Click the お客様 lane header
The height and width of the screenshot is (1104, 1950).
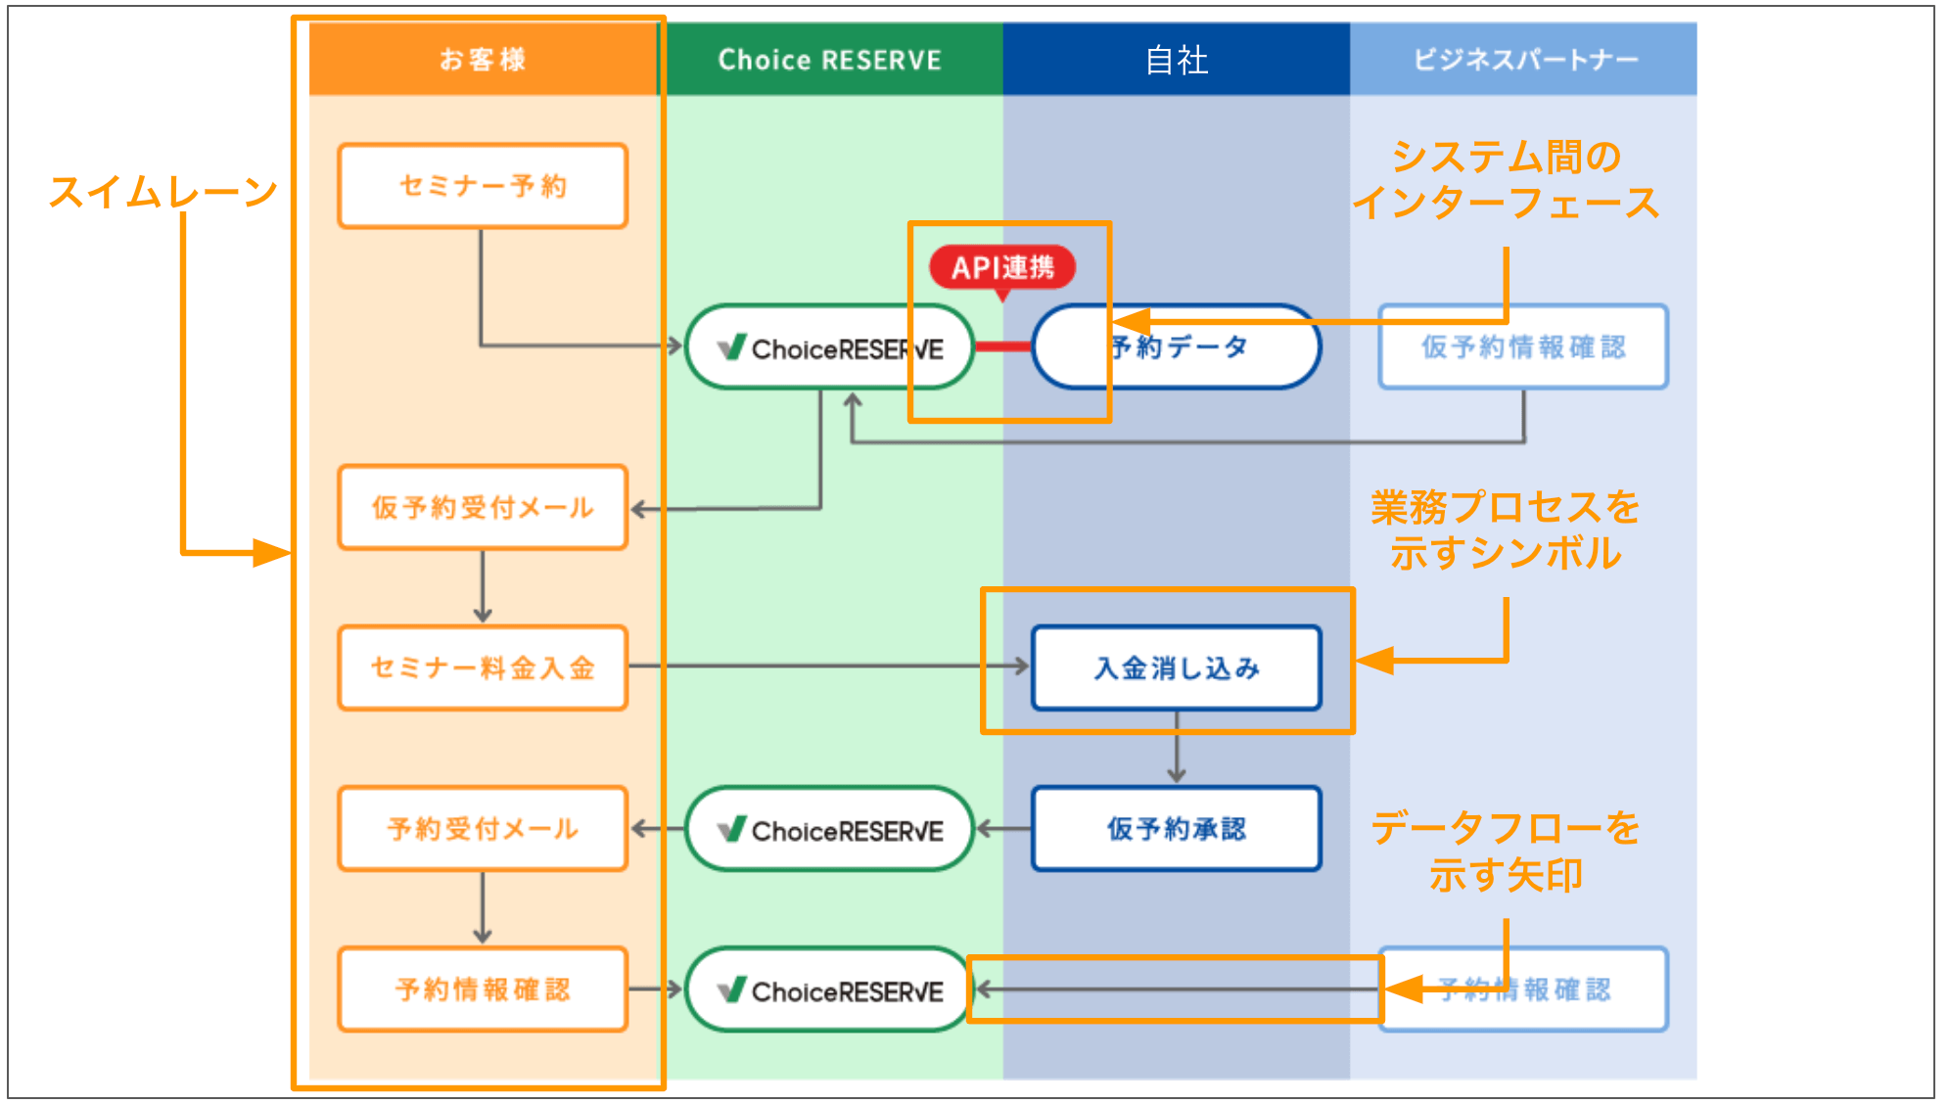click(x=483, y=60)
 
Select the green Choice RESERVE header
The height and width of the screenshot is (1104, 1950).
click(x=829, y=60)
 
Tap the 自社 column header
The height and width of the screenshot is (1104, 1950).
click(x=1176, y=60)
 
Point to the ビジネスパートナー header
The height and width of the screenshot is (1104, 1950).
click(x=1523, y=60)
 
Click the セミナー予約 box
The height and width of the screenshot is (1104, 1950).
click(x=483, y=186)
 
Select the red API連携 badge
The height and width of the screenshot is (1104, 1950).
click(x=1001, y=267)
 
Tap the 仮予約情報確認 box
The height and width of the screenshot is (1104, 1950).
click(x=1523, y=346)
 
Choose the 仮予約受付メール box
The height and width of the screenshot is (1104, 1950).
click(x=483, y=507)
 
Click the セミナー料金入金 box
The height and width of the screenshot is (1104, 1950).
click(x=483, y=667)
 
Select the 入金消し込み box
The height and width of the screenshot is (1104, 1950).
click(x=1176, y=667)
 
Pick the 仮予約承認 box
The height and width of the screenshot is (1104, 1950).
click(x=1176, y=828)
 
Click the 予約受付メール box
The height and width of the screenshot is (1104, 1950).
click(x=483, y=828)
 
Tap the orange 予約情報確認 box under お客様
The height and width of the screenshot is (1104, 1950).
click(x=483, y=989)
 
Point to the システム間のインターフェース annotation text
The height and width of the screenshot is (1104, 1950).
click(x=1506, y=179)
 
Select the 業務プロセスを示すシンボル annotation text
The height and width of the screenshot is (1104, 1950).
click(x=1506, y=529)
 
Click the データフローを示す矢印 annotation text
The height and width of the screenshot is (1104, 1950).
click(x=1506, y=851)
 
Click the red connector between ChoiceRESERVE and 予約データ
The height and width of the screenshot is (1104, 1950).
click(x=1002, y=346)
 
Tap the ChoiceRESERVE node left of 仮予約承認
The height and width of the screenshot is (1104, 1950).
click(x=829, y=829)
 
